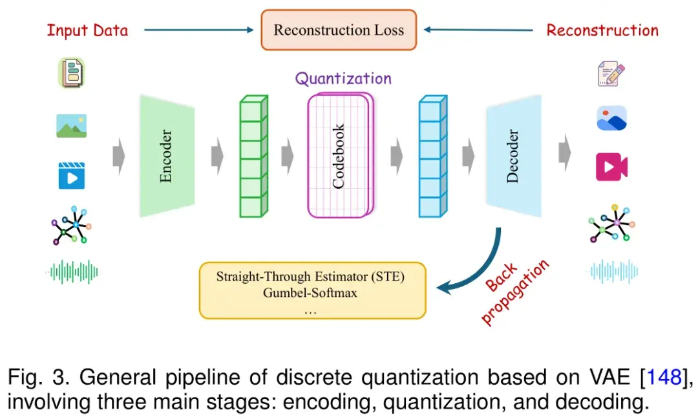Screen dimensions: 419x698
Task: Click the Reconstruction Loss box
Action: [338, 30]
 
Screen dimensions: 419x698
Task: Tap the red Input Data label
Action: [87, 30]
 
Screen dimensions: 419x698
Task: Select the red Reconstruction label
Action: [602, 30]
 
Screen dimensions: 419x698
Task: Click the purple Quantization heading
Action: [343, 79]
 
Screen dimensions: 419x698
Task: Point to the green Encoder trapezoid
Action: [166, 156]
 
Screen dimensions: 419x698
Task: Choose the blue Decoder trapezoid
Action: [513, 156]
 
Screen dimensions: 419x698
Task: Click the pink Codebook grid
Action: [339, 155]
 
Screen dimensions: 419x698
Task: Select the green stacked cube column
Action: [253, 156]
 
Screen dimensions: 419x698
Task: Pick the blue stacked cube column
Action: [432, 156]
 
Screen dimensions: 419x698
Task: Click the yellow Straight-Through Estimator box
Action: [312, 290]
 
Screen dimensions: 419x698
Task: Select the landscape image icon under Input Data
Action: [71, 125]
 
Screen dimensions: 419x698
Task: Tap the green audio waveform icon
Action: [72, 272]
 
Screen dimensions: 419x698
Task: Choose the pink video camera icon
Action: [611, 167]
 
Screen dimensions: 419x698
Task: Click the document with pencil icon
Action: [611, 73]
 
